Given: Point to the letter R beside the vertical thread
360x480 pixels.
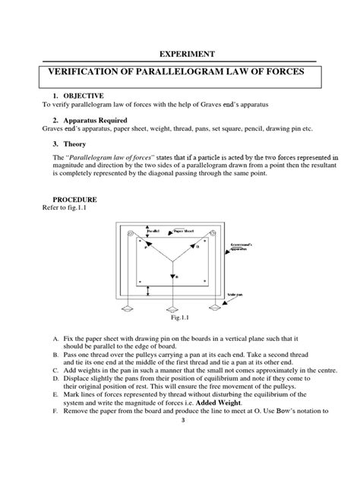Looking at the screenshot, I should (x=177, y=277).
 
